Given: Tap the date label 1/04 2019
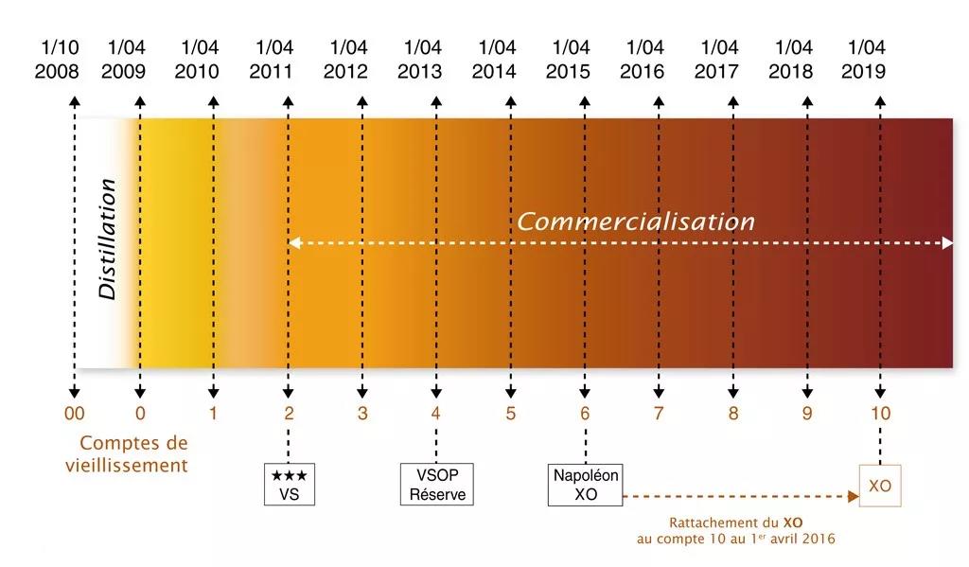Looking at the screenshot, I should (864, 59).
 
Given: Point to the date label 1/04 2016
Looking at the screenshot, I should (643, 59).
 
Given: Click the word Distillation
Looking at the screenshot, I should (109, 239).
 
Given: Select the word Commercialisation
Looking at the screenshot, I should (635, 221).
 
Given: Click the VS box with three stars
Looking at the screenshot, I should (290, 485).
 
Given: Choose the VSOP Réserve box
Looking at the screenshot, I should (437, 485).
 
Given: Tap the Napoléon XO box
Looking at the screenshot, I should (586, 485).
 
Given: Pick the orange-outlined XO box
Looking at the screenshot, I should (879, 486).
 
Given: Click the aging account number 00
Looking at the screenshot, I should (74, 414).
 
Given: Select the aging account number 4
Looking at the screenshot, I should (436, 414).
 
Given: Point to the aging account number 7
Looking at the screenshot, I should (659, 414).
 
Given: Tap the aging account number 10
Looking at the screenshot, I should (880, 414).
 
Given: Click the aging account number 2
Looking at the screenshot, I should (289, 414).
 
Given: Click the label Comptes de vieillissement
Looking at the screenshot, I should (127, 453).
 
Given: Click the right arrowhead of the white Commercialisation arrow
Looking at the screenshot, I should (947, 243).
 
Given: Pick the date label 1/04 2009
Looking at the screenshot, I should (125, 59).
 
